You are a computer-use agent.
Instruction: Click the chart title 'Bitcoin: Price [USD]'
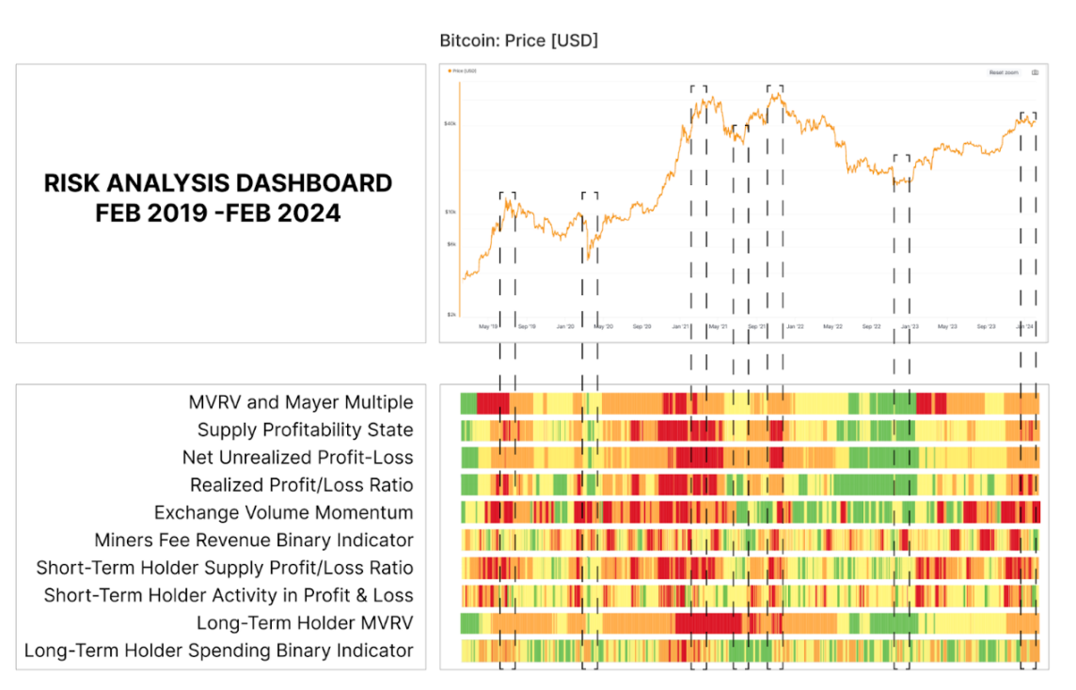tap(518, 40)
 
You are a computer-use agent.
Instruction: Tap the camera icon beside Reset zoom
tap(1035, 72)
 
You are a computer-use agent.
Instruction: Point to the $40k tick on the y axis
tap(451, 123)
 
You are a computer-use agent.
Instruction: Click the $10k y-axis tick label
tap(451, 212)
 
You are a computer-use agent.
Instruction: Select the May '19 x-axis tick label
tap(487, 327)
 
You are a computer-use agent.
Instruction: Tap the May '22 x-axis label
tap(832, 327)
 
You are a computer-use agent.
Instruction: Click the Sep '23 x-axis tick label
tap(986, 327)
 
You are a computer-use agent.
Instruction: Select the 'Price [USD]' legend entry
tap(465, 71)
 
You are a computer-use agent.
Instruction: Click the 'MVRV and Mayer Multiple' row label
tap(301, 402)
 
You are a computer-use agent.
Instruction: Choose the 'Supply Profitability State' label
tap(305, 430)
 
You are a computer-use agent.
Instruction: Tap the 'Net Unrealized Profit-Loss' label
tap(297, 458)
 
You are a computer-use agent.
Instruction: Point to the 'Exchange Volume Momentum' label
tap(283, 512)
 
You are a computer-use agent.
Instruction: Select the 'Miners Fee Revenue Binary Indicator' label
tap(253, 541)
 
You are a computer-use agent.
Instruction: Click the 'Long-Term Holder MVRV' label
tap(305, 622)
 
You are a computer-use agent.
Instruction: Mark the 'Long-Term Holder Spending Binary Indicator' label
tap(218, 650)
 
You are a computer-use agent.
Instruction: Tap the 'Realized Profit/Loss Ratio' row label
tap(301, 485)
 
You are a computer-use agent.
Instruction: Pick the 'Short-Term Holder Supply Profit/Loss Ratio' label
tap(225, 568)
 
